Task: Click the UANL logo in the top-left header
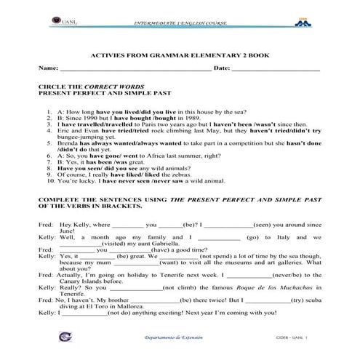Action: [x=51, y=23]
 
